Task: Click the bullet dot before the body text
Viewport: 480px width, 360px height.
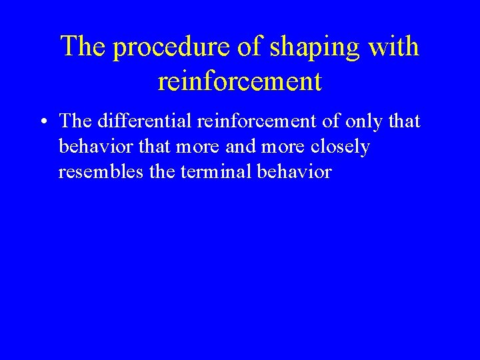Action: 42,122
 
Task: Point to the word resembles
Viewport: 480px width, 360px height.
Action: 99,171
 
